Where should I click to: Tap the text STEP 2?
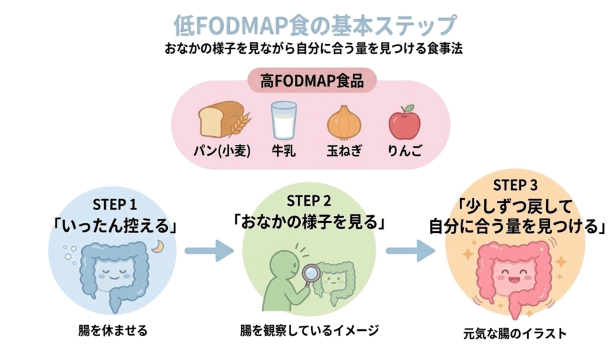pos(309,200)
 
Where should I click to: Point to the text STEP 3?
pos(515,185)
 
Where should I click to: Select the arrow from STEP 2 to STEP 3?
pos(410,249)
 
